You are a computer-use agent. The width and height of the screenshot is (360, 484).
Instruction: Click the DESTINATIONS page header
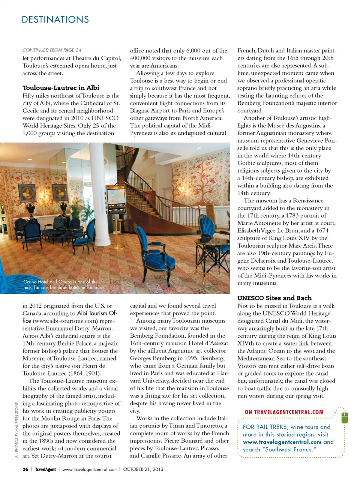pyautogui.click(x=55, y=20)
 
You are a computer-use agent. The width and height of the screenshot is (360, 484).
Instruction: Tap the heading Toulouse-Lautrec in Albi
pyautogui.click(x=61, y=88)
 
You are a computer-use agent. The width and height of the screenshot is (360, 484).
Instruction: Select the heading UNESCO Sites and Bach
pyautogui.click(x=274, y=298)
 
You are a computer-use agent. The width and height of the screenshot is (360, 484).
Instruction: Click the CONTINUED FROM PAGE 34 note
pyautogui.click(x=52, y=50)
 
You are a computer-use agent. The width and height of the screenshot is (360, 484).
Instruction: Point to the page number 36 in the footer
pyautogui.click(x=25, y=469)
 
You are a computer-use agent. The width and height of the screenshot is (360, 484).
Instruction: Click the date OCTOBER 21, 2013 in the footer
pyautogui.click(x=143, y=469)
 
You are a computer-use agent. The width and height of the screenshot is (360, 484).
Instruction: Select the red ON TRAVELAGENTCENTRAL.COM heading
pyautogui.click(x=284, y=412)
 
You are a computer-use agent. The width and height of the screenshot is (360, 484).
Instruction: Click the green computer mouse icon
pyautogui.click(x=345, y=417)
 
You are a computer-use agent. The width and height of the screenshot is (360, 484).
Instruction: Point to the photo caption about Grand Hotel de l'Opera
pyautogui.click(x=63, y=284)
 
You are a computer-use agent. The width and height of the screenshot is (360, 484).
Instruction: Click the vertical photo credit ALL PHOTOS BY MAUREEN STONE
pyautogui.click(x=17, y=430)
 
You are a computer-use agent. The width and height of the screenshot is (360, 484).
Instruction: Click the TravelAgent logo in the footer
pyautogui.click(x=45, y=469)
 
